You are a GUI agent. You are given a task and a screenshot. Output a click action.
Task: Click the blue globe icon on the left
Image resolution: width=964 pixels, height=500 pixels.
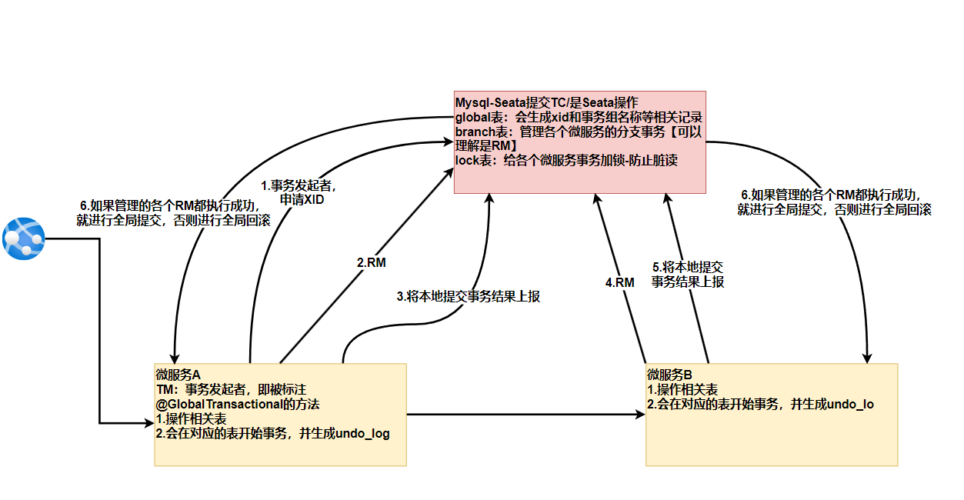(x=24, y=238)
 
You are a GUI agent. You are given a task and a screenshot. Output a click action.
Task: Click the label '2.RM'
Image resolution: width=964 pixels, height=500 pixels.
(x=371, y=262)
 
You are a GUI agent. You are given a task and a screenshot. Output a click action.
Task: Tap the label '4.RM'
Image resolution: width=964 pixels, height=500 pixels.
(x=619, y=282)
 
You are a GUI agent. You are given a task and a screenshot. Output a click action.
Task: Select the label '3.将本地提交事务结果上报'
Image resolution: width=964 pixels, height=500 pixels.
(x=468, y=296)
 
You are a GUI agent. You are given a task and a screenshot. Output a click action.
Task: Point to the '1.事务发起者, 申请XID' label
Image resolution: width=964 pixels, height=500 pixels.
(x=299, y=192)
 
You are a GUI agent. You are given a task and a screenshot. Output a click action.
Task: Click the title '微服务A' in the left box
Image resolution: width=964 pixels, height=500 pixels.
(x=178, y=375)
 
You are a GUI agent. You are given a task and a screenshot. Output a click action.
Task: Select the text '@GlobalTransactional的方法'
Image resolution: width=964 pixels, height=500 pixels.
(x=237, y=404)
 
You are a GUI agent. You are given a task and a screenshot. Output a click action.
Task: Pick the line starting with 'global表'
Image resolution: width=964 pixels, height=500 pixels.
(x=578, y=118)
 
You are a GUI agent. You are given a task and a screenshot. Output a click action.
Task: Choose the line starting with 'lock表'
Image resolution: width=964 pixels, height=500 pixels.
(x=555, y=161)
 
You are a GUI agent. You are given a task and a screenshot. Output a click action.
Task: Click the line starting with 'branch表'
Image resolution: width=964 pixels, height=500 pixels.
(x=578, y=132)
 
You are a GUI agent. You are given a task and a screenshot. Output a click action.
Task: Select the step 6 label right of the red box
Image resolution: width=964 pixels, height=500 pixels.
(x=834, y=202)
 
